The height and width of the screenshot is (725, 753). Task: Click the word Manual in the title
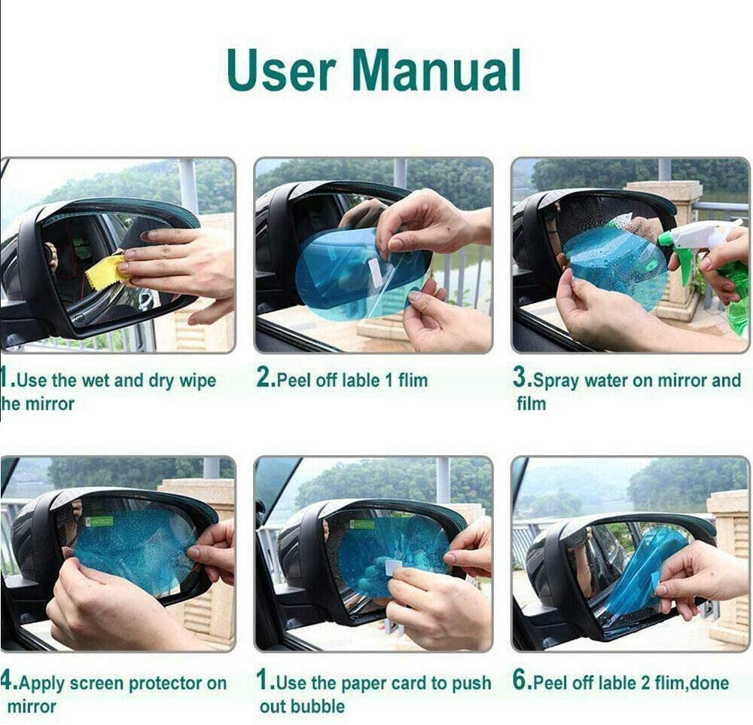pyautogui.click(x=436, y=70)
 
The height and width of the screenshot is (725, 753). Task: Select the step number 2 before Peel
pyautogui.click(x=264, y=380)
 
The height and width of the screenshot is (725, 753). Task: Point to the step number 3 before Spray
pyautogui.click(x=522, y=380)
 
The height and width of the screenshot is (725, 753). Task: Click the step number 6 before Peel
pyautogui.click(x=521, y=682)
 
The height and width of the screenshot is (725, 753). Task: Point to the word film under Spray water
pyautogui.click(x=531, y=404)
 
